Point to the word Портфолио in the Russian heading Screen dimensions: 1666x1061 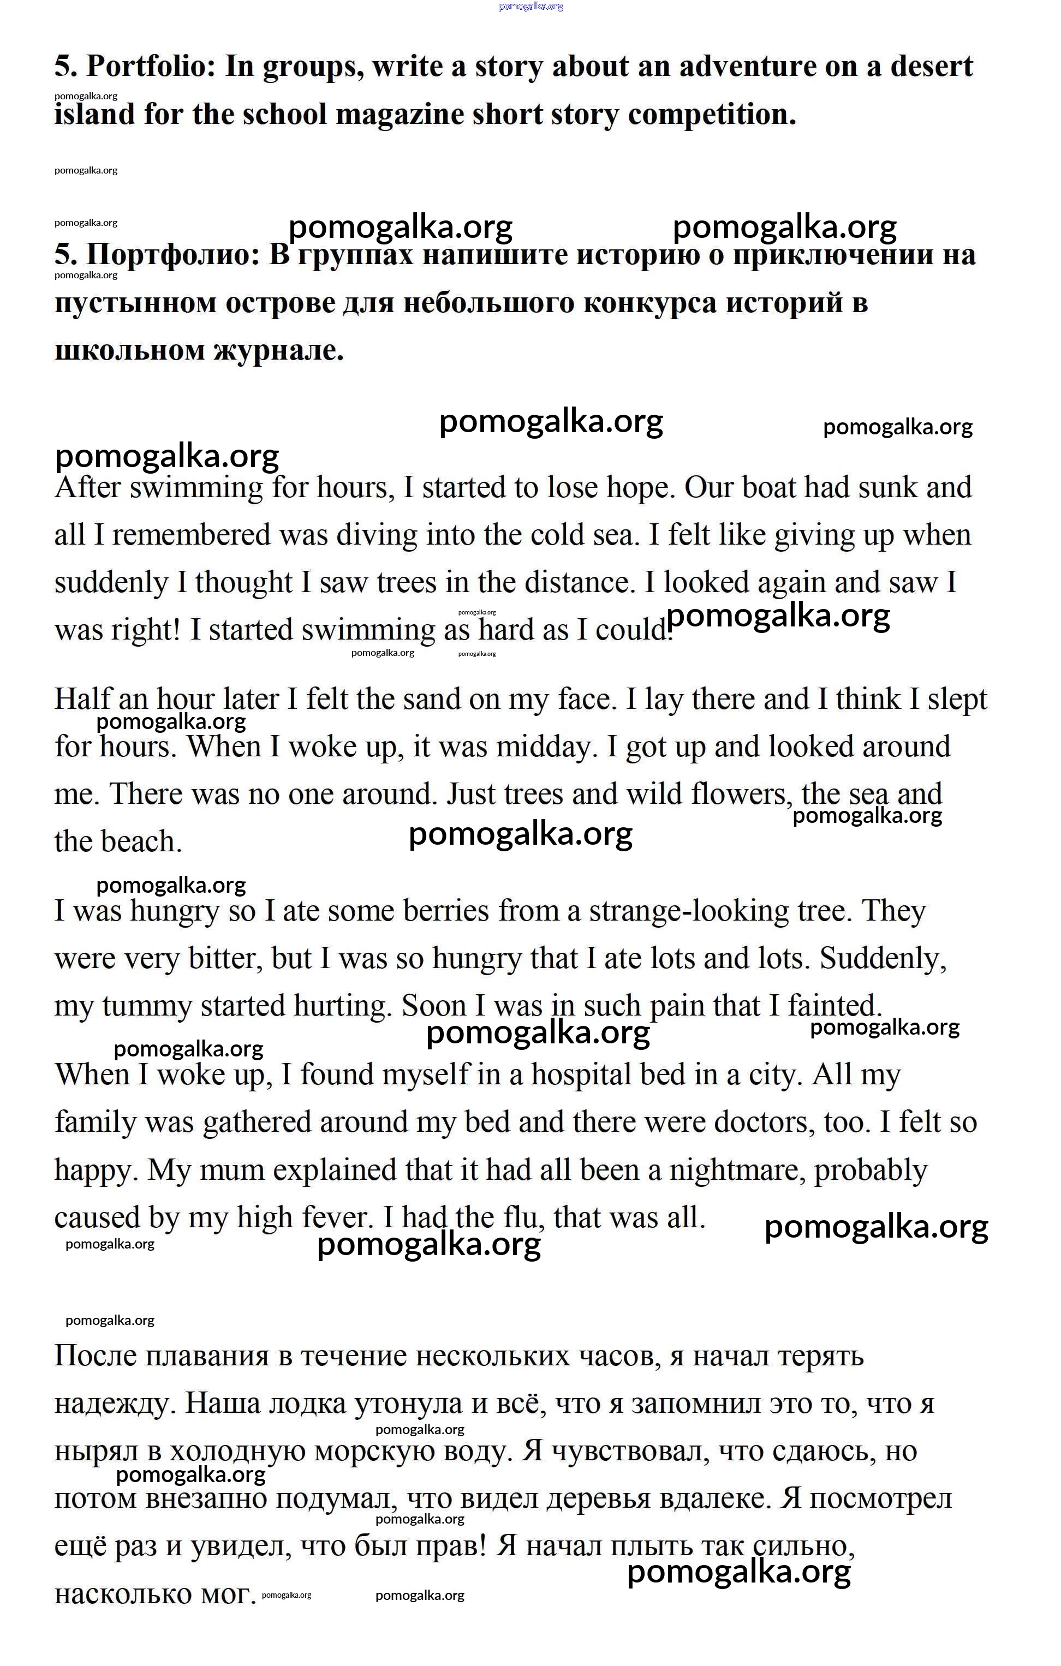(172, 255)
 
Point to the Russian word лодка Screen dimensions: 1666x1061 (307, 1404)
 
